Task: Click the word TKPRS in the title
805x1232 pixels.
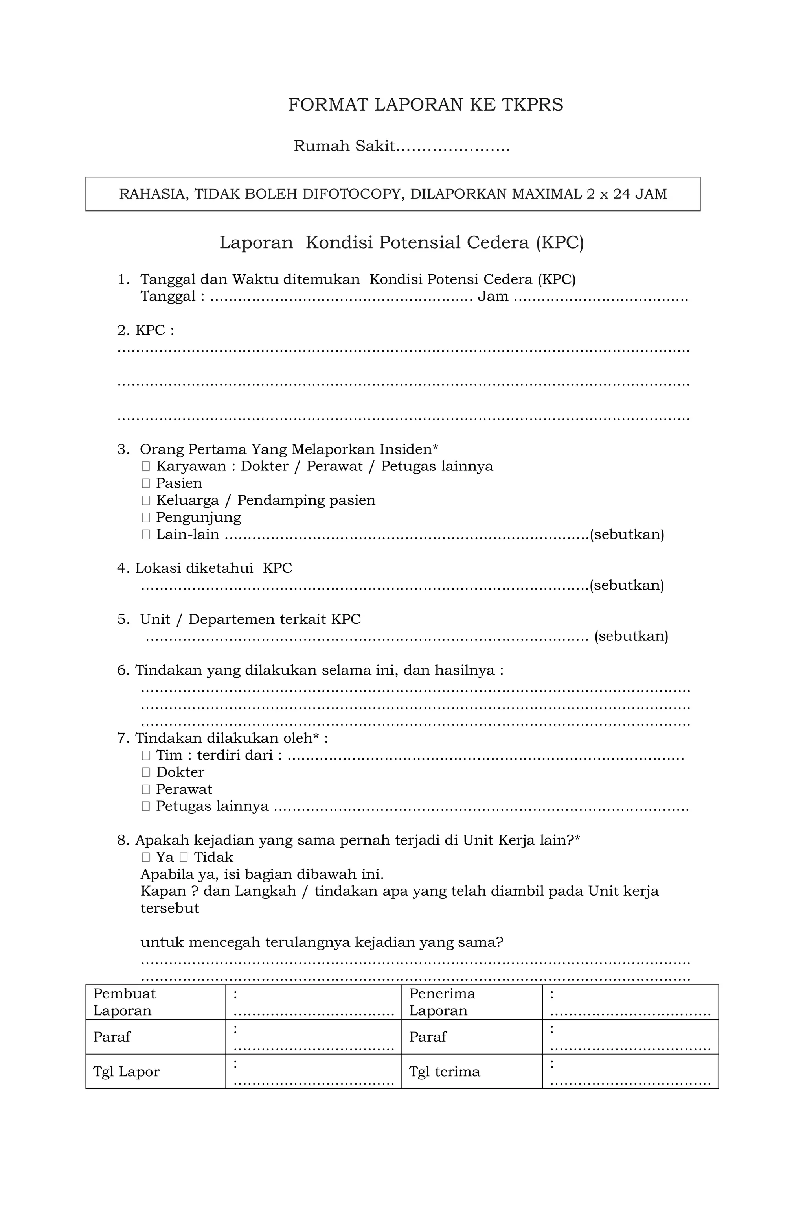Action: (x=532, y=105)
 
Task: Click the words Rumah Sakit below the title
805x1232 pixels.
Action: (x=344, y=146)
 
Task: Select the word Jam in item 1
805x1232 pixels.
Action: (x=493, y=297)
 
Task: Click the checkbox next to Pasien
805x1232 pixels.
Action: (x=146, y=483)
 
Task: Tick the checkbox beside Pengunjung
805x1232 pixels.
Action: (x=146, y=518)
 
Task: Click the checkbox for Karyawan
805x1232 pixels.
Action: (x=146, y=467)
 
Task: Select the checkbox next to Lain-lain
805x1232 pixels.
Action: (x=146, y=535)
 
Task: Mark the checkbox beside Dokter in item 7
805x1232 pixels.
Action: (x=146, y=772)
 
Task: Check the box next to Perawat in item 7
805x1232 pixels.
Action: (x=146, y=789)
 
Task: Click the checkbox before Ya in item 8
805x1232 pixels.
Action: (x=146, y=857)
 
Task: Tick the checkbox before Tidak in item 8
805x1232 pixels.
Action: (x=184, y=857)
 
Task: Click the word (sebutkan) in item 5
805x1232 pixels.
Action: (x=631, y=636)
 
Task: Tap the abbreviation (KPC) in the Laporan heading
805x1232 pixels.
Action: (x=560, y=243)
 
